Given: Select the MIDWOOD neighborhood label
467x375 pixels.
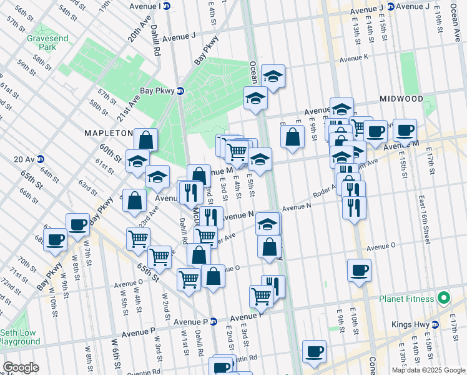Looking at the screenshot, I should [x=401, y=99].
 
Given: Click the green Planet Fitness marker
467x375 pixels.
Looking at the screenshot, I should [x=443, y=299].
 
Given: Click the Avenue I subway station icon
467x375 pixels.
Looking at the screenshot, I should [x=166, y=6].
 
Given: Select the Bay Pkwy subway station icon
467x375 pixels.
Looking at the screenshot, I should [x=180, y=91].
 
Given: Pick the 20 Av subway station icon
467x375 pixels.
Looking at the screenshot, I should [x=40, y=159].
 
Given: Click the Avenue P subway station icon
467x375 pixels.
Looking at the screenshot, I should [x=214, y=321].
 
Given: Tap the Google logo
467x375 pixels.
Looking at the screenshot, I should [x=21, y=367].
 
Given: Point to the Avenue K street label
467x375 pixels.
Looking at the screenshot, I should [x=354, y=59].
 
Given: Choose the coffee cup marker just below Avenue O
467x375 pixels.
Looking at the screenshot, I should [x=359, y=270].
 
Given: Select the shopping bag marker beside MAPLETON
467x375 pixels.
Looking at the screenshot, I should [x=145, y=139].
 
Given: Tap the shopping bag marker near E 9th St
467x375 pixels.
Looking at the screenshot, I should [x=292, y=137].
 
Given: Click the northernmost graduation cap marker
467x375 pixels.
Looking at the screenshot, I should [x=273, y=76].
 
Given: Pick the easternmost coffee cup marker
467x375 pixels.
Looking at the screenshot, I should [x=405, y=130].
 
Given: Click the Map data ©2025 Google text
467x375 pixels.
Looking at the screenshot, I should [x=428, y=370].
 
